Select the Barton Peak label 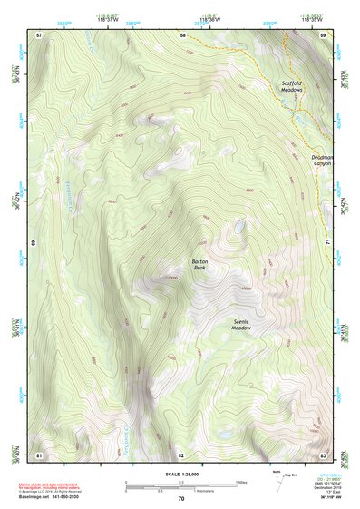pos(199,265)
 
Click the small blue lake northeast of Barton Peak pos(239,227)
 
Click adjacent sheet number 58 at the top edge pos(182,34)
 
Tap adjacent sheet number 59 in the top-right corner pos(323,34)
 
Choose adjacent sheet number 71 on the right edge pos(326,243)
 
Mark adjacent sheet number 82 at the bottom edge pos(181,455)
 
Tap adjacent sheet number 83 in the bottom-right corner pos(323,455)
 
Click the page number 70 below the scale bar pos(181,498)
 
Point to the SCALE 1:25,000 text pos(181,475)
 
